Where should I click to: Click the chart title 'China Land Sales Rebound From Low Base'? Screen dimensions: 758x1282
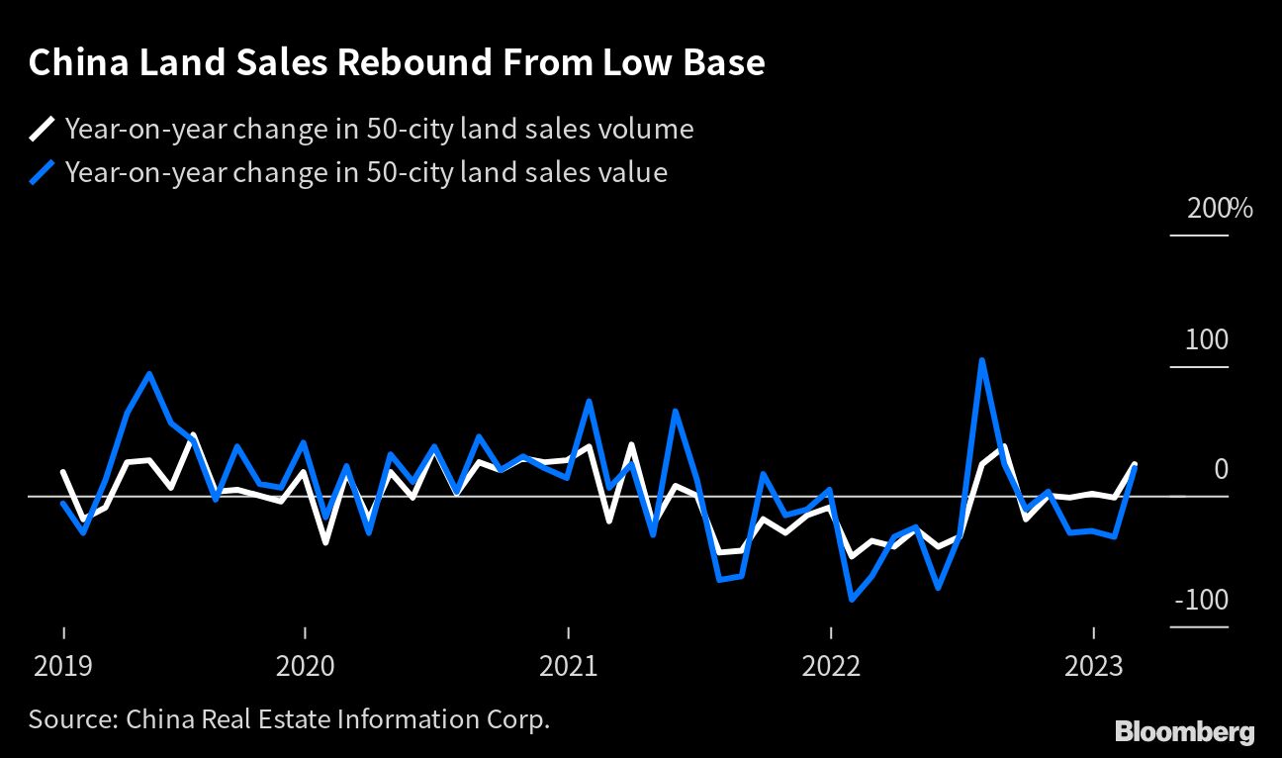[397, 63]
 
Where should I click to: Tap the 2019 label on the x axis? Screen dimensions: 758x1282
[63, 666]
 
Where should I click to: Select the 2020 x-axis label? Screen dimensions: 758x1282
[306, 666]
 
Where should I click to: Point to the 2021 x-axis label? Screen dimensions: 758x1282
[568, 666]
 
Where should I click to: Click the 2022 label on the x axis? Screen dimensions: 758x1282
[830, 666]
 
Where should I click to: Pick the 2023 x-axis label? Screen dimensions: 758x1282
[1092, 666]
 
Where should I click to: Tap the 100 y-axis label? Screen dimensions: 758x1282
[1207, 340]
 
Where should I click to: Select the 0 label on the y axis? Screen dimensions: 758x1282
[1221, 469]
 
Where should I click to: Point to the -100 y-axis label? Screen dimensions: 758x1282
[1201, 601]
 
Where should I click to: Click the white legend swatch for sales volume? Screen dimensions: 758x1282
[43, 129]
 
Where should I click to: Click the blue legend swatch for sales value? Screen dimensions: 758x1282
[43, 173]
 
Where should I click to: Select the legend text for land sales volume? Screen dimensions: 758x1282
[379, 129]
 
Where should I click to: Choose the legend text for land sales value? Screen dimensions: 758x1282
[366, 173]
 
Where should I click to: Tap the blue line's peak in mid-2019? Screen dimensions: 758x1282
[149, 374]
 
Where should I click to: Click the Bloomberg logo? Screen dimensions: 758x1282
[1184, 731]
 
